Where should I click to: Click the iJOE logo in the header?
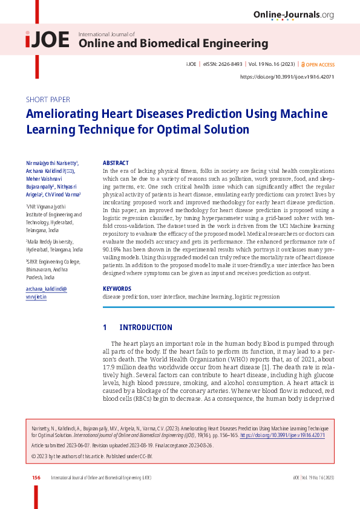[x=47, y=39]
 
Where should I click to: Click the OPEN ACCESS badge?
[x=318, y=64]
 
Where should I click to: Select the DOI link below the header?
[x=287, y=77]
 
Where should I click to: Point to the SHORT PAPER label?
[x=48, y=99]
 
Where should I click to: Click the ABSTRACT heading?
[x=116, y=163]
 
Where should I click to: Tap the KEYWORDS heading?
[x=117, y=289]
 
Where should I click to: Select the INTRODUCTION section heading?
[x=146, y=328]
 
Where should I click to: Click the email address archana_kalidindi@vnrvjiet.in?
[x=46, y=293]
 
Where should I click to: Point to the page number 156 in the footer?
[x=36, y=478]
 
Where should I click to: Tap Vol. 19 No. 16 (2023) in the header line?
[x=272, y=64]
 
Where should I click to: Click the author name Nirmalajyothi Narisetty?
[x=51, y=163]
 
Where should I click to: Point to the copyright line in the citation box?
[x=91, y=456]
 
